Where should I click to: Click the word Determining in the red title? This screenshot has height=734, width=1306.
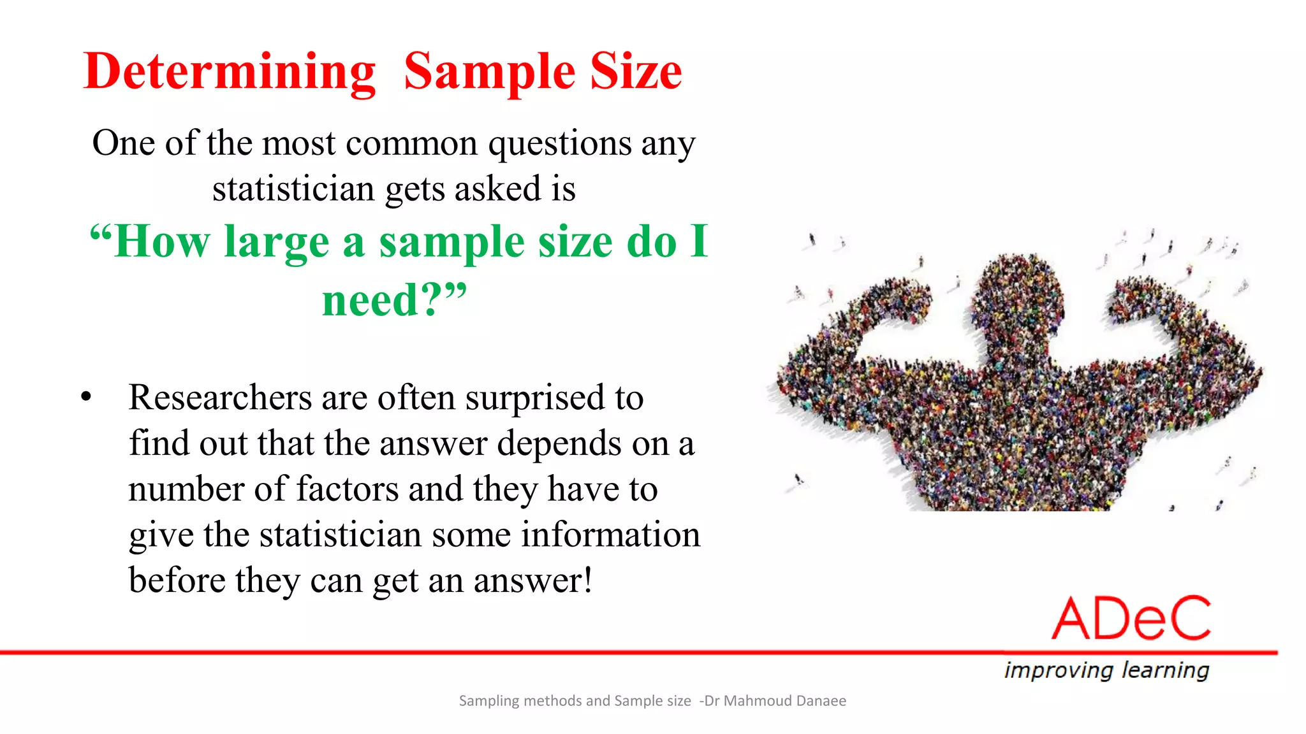[x=230, y=72]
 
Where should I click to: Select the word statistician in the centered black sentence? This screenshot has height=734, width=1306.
[x=293, y=189]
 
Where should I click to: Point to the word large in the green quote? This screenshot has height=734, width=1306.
[x=276, y=243]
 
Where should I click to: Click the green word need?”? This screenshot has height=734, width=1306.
[x=394, y=299]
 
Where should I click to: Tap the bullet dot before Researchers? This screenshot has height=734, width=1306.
[x=87, y=397]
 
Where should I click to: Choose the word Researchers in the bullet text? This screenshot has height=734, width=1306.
[x=220, y=398]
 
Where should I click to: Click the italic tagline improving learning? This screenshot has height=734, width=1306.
[x=1106, y=670]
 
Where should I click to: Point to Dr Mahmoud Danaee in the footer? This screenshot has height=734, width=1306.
[x=775, y=701]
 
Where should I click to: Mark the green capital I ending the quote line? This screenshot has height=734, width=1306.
[x=700, y=241]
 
